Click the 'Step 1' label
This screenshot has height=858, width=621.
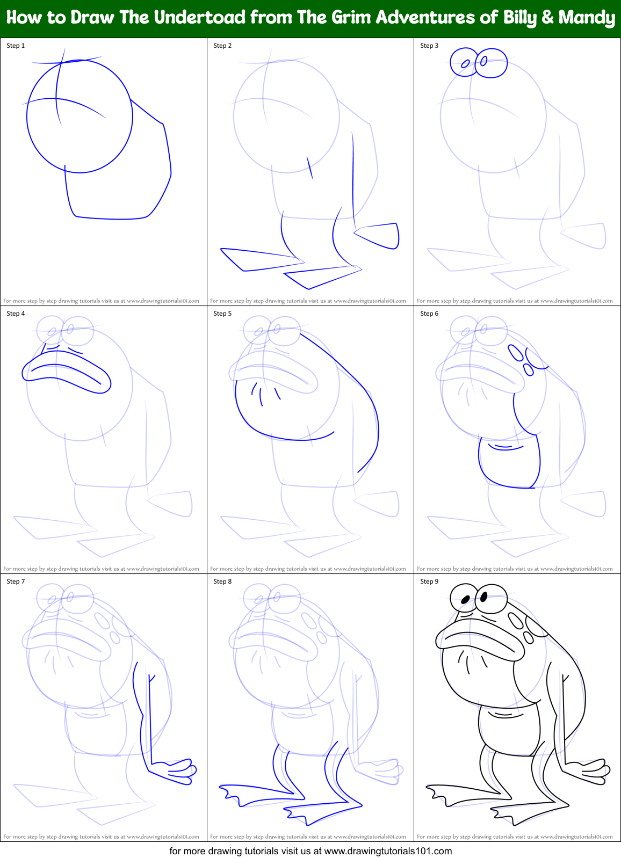[16, 46]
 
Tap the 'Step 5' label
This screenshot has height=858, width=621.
[222, 314]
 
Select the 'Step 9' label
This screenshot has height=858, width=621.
[429, 581]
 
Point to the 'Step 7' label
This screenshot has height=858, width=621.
[16, 581]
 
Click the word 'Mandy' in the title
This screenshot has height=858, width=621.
[587, 18]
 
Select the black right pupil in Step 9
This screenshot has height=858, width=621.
[483, 597]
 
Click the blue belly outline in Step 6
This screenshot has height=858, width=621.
[509, 464]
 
